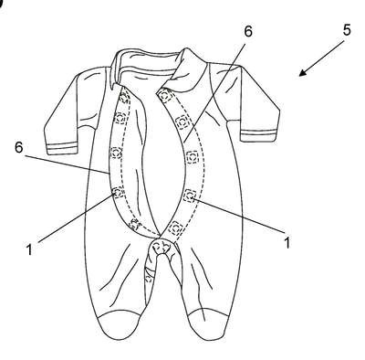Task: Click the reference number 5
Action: coord(347,30)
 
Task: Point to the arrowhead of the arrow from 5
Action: coord(303,72)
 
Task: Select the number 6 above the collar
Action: coord(248,31)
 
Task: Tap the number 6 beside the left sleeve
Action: coord(19,147)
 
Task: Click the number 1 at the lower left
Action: coord(29,249)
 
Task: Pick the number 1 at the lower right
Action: coord(287,242)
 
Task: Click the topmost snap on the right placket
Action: coord(164,96)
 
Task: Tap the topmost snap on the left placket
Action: coord(124,98)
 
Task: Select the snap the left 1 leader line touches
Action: coord(118,192)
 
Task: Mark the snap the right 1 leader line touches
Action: coord(191,196)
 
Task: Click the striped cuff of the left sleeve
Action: coord(61,148)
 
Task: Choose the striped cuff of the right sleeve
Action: coord(259,135)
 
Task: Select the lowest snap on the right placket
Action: coord(175,228)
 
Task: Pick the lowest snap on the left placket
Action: coord(134,224)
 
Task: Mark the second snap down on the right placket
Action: coord(183,122)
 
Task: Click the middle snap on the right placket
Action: coord(192,157)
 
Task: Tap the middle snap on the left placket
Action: coord(116,153)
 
